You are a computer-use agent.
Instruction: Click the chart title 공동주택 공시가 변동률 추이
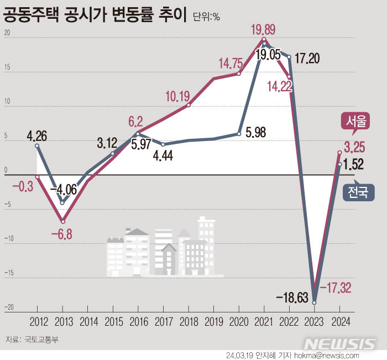point(95,14)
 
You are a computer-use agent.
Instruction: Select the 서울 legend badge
point(354,122)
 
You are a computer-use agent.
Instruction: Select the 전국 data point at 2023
point(315,302)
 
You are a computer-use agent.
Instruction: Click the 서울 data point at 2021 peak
point(264,39)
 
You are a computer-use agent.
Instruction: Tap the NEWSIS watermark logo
point(339,343)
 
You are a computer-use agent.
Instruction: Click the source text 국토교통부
point(39,340)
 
